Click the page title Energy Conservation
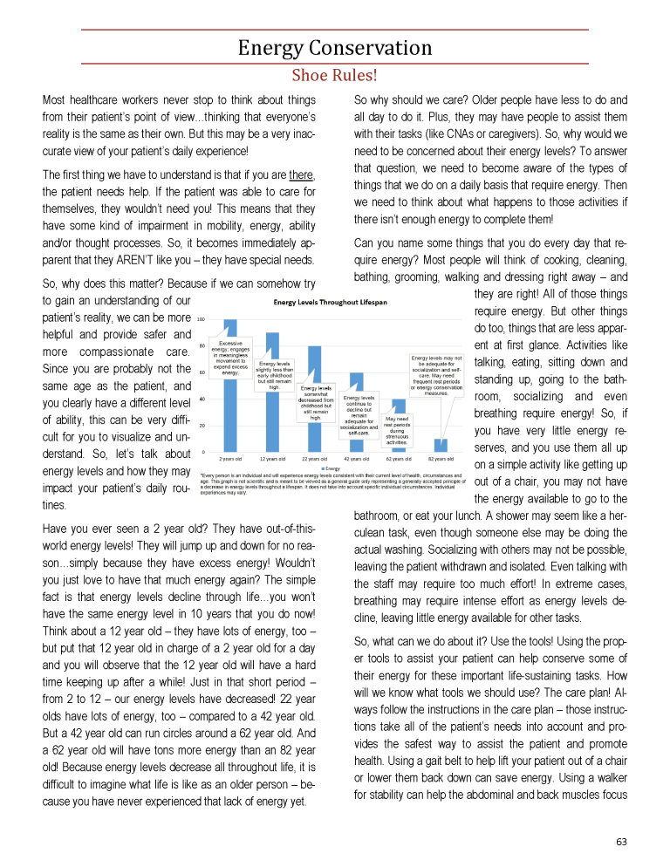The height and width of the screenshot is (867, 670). tap(334, 48)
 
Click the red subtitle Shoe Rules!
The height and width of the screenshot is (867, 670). tap(334, 75)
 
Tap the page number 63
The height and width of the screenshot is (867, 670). tap(620, 841)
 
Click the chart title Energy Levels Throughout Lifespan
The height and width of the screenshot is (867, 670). tap(331, 303)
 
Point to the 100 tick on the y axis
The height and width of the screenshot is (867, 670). tap(201, 319)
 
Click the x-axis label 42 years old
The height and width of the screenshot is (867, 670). tap(358, 458)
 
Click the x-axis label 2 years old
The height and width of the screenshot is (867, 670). tap(231, 458)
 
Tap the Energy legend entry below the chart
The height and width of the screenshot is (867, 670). tap(332, 468)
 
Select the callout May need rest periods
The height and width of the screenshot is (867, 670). tap(397, 431)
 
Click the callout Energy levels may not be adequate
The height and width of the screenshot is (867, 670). tap(436, 375)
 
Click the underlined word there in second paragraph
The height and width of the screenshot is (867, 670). tap(301, 174)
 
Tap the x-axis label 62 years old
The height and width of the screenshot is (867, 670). tap(400, 458)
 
